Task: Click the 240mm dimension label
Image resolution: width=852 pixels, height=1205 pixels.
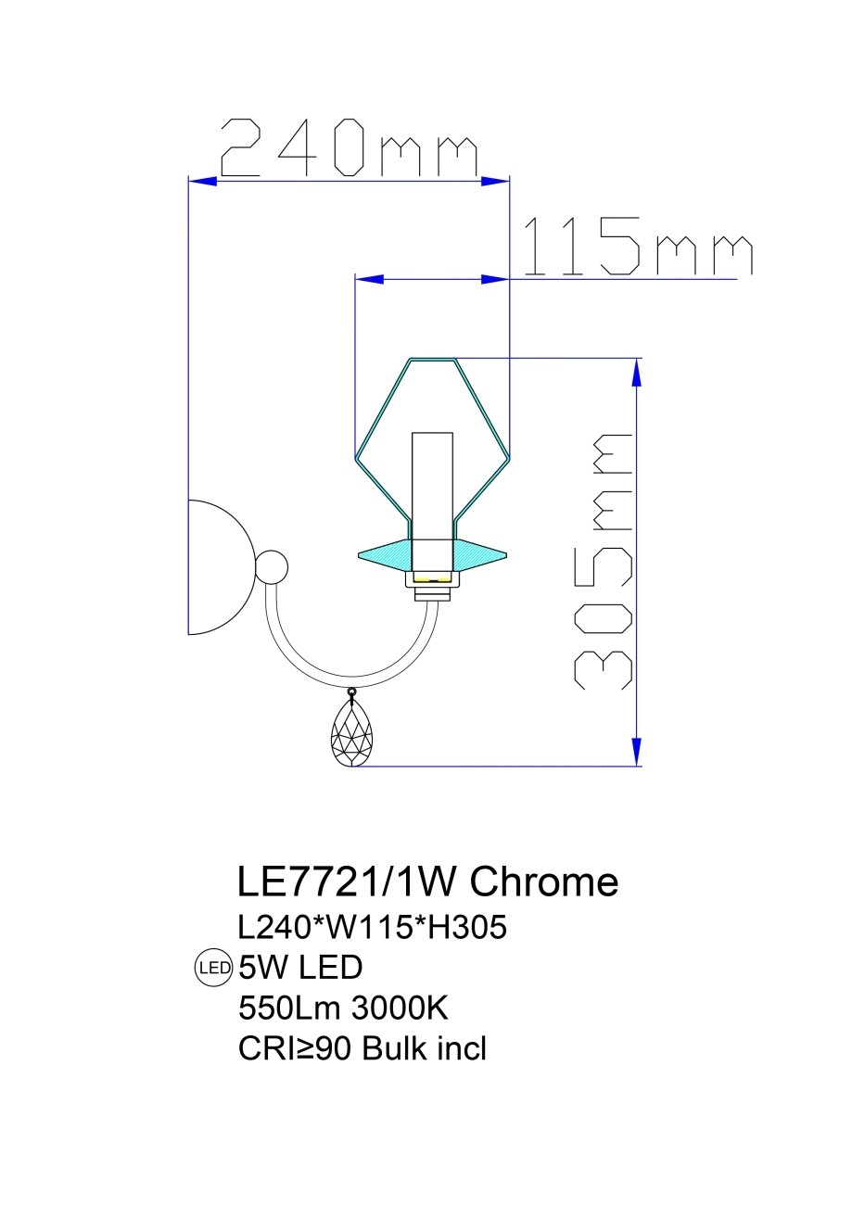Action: [x=349, y=147]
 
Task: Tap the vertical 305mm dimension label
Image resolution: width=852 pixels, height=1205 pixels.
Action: [x=604, y=560]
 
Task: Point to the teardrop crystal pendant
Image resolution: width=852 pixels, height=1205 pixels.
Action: [x=351, y=730]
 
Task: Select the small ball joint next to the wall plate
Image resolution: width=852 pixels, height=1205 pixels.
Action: [x=271, y=567]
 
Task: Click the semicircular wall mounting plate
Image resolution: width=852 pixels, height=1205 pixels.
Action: [x=221, y=567]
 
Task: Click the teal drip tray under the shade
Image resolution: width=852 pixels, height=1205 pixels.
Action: [x=432, y=555]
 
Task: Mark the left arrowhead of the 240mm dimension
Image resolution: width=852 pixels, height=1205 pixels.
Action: [x=202, y=182]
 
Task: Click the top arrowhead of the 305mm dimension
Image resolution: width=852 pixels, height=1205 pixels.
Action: [x=636, y=372]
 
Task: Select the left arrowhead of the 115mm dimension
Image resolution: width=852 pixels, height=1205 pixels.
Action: [x=370, y=279]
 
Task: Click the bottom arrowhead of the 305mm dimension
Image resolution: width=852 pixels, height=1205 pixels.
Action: [x=636, y=752]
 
